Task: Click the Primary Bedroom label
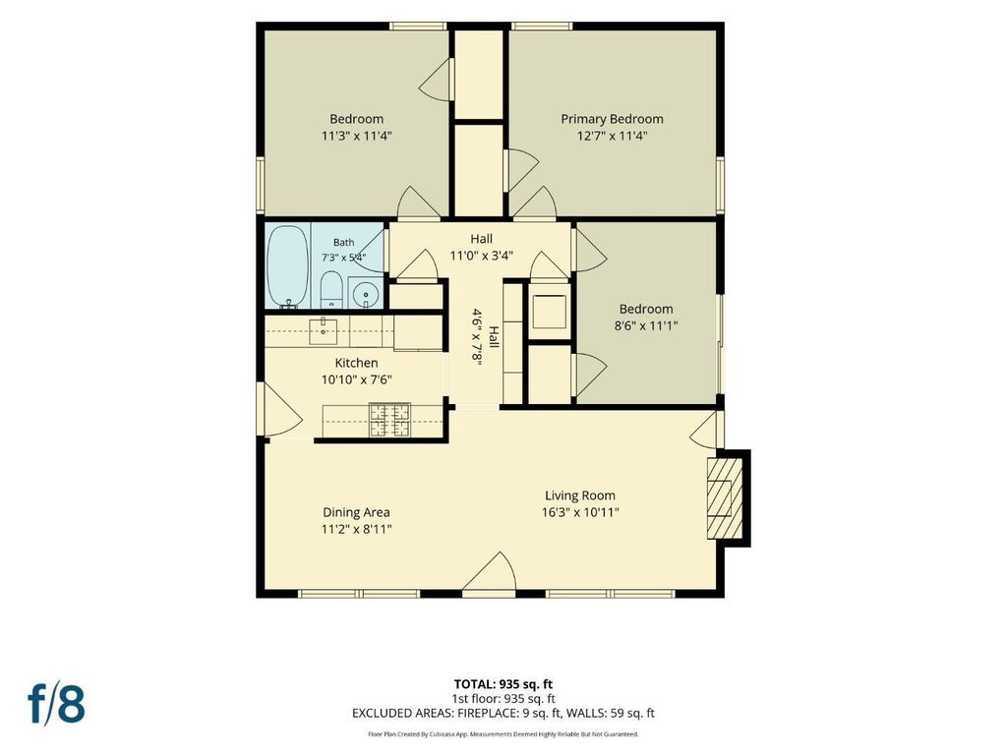pos(612,119)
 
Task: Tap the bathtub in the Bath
pos(288,266)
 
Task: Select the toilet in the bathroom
pos(331,290)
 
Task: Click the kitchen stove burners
pos(389,420)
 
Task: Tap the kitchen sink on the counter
pos(323,331)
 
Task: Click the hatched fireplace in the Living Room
pos(725,498)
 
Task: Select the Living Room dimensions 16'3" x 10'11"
pos(580,512)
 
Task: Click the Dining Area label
pos(356,512)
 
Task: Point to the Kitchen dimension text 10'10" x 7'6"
pos(356,379)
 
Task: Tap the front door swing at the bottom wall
pos(490,573)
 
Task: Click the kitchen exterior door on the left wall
pos(278,411)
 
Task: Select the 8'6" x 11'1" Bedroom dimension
pos(646,325)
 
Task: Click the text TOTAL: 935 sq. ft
pos(503,684)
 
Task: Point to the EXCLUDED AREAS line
pos(503,714)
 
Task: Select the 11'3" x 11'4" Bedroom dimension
pos(356,136)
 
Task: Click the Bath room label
pos(343,243)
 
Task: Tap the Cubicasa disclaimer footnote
pos(503,733)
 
